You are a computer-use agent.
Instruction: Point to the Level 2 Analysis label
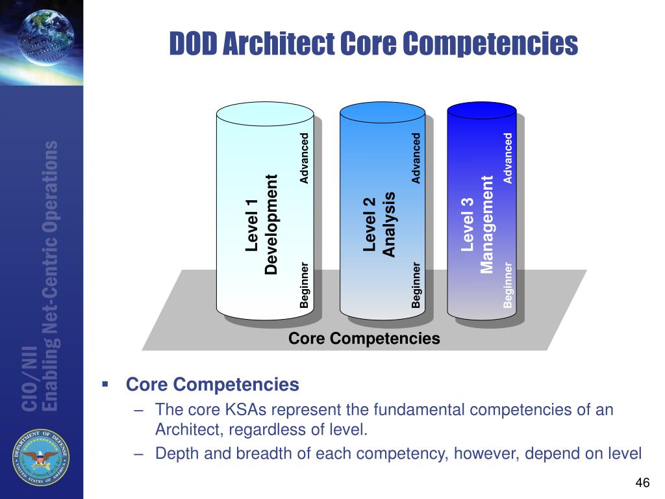(379, 224)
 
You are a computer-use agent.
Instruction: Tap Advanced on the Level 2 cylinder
(416, 158)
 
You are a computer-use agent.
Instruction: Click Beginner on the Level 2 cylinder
(416, 284)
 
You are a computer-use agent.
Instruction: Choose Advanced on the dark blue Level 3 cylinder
(508, 158)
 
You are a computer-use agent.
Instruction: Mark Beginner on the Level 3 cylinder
(508, 284)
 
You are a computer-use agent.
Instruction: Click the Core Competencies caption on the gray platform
(364, 339)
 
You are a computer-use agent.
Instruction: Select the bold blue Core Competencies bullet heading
(212, 385)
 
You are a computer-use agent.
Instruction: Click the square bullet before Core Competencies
(105, 384)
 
